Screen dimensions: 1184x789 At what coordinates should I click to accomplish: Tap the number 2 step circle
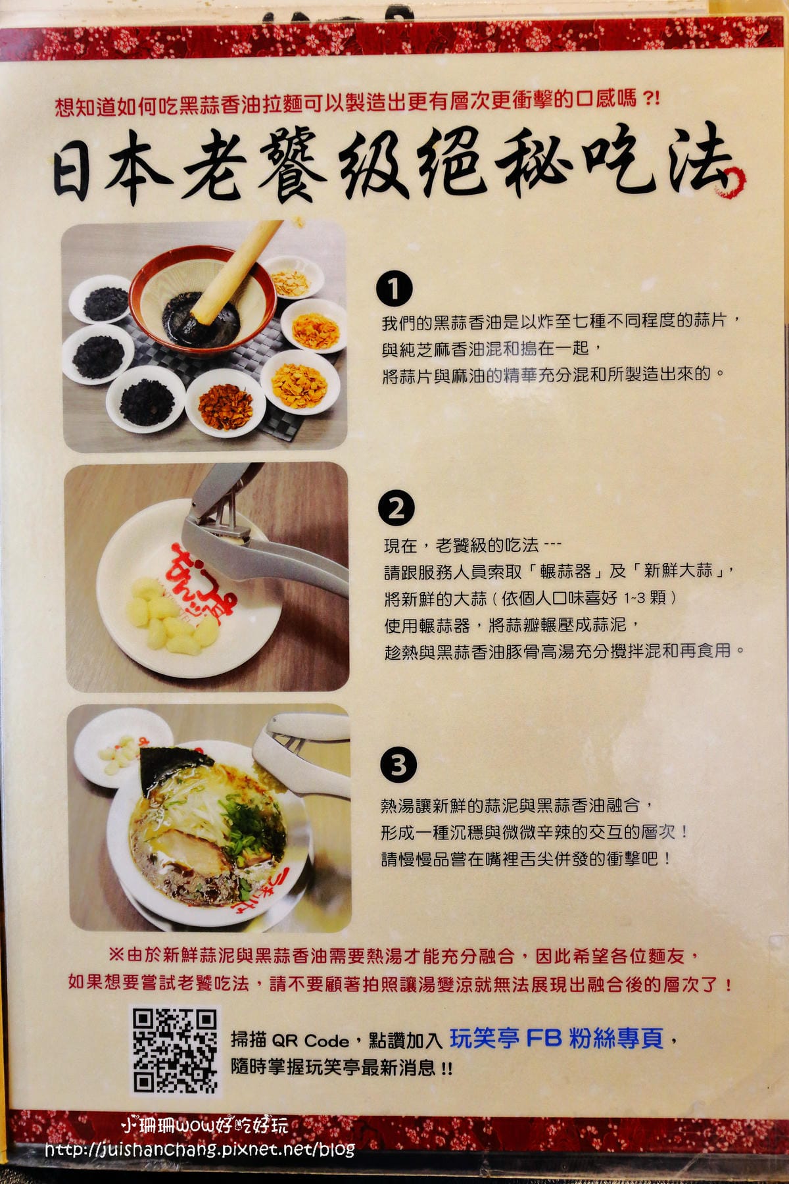point(396,508)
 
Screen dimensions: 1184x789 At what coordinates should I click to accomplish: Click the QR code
point(175,1051)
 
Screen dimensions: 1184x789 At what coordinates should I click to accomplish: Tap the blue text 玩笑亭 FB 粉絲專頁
point(556,1039)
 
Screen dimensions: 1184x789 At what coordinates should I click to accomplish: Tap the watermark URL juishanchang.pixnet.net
point(200,1149)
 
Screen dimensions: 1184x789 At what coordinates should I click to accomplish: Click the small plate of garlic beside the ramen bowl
point(115,749)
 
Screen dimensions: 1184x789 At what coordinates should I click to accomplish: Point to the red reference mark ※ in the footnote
point(116,954)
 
